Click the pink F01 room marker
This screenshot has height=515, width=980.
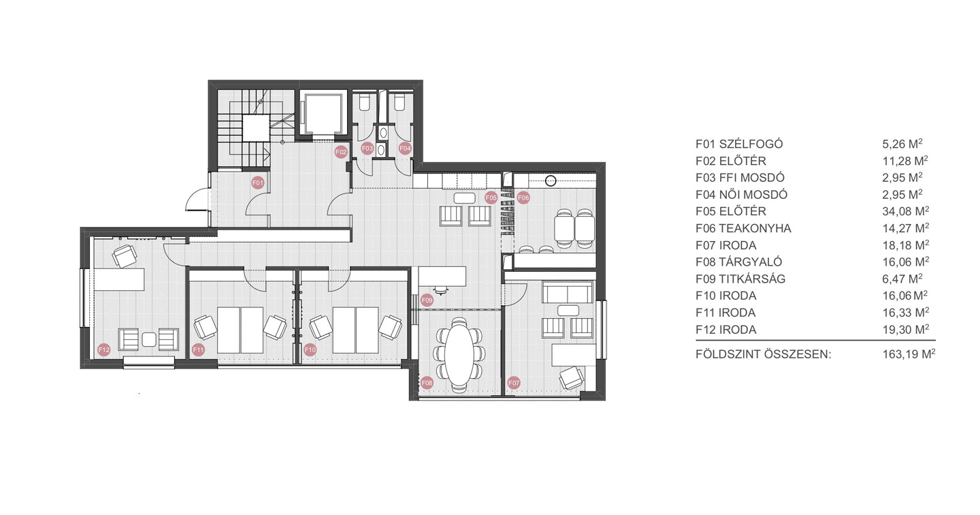pyautogui.click(x=258, y=183)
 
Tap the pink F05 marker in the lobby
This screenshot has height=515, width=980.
pyautogui.click(x=491, y=198)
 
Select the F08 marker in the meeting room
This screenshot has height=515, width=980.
pyautogui.click(x=427, y=383)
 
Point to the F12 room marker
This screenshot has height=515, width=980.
pyautogui.click(x=104, y=349)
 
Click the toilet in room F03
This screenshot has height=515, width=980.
pyautogui.click(x=364, y=103)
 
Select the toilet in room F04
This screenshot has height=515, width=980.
pyautogui.click(x=399, y=103)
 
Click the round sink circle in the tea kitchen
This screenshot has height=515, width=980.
pyautogui.click(x=551, y=181)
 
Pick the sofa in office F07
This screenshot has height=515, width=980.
pyautogui.click(x=567, y=292)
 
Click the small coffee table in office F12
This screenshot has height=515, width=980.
pyautogui.click(x=149, y=339)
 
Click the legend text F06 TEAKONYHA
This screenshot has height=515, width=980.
pyautogui.click(x=743, y=229)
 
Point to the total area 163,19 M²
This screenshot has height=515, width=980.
pyautogui.click(x=909, y=354)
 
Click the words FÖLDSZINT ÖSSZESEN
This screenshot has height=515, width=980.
pyautogui.click(x=763, y=354)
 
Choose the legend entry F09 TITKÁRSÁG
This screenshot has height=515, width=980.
pyautogui.click(x=740, y=279)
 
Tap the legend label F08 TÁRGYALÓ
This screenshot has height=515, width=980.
pyautogui.click(x=738, y=262)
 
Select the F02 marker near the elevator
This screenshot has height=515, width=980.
pyautogui.click(x=341, y=152)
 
